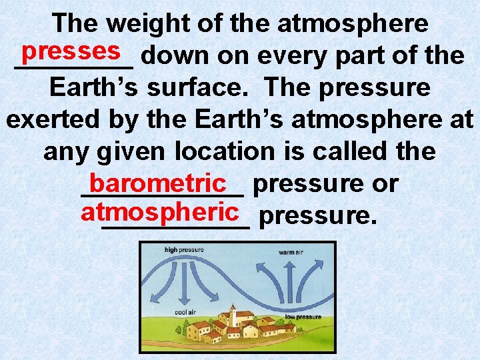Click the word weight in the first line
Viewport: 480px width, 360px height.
pyautogui.click(x=139, y=24)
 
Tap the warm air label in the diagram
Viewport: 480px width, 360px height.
pyautogui.click(x=292, y=253)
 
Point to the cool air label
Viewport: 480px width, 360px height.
pyautogui.click(x=185, y=311)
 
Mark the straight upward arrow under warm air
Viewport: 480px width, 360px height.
pyautogui.click(x=290, y=280)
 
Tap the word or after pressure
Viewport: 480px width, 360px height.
pyautogui.click(x=385, y=183)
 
